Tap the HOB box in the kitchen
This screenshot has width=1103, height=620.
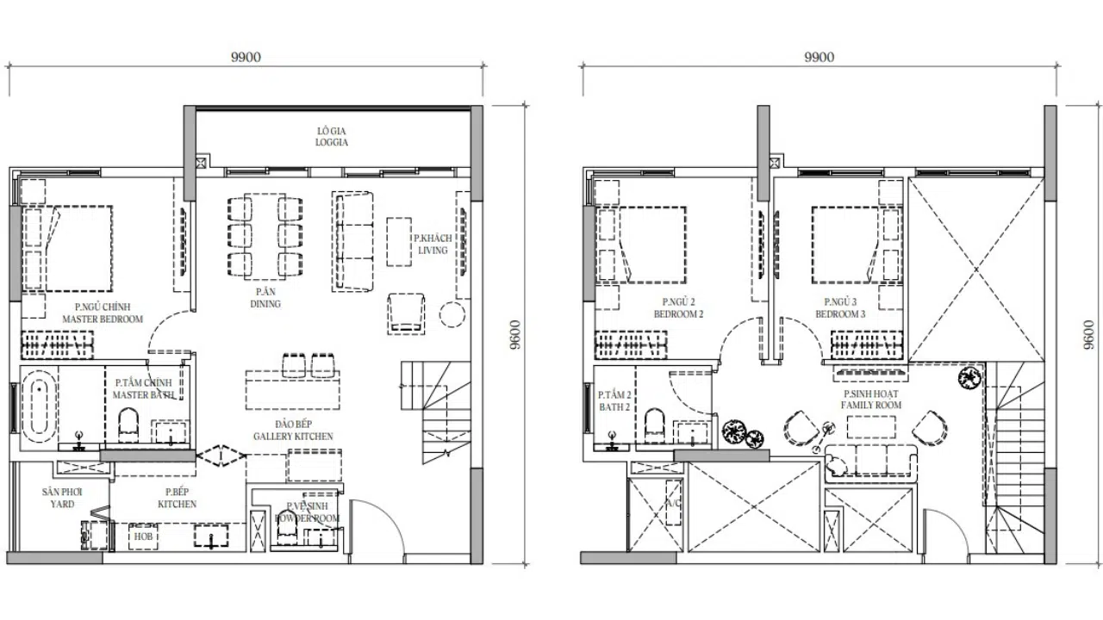click(x=142, y=536)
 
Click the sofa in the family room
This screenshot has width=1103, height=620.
click(x=871, y=462)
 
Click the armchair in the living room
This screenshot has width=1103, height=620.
click(x=406, y=311)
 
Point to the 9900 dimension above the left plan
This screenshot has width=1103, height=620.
click(x=246, y=58)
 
